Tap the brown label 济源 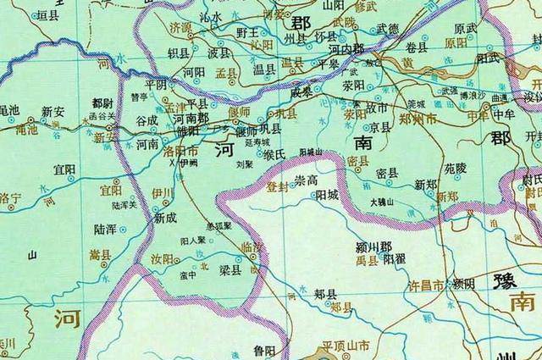[x=181, y=28]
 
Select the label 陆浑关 [x=124, y=205]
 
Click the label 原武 [x=465, y=28]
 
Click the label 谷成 [x=147, y=120]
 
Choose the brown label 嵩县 [x=99, y=253]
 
